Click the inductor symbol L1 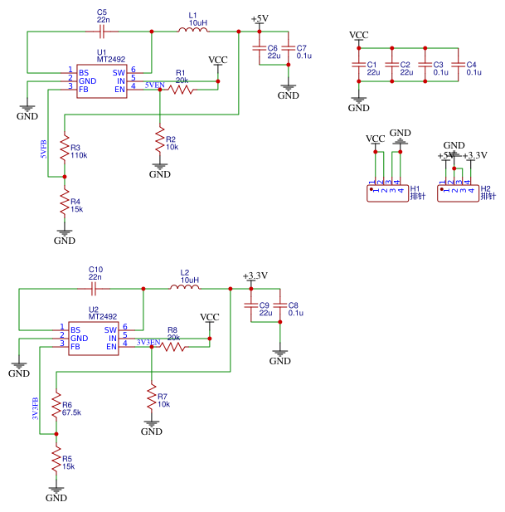tap(193, 30)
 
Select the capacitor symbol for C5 tap(102, 32)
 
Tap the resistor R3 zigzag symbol tap(65, 148)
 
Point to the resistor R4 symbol tap(65, 202)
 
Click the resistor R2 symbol tap(160, 139)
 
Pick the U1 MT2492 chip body tap(102, 81)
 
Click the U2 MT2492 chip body tap(94, 339)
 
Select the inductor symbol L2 tap(185, 287)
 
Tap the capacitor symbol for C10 tap(94, 289)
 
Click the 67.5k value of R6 tap(71, 412)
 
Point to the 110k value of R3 tap(79, 155)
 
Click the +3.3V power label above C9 tap(255, 276)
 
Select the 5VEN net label tap(154, 85)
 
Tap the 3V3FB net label tap(35, 408)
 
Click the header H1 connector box tap(387, 193)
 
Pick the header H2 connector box tap(458, 193)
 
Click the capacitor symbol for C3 tap(425, 65)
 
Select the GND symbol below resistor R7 tap(152, 427)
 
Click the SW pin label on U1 tap(119, 73)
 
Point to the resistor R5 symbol tap(56, 459)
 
